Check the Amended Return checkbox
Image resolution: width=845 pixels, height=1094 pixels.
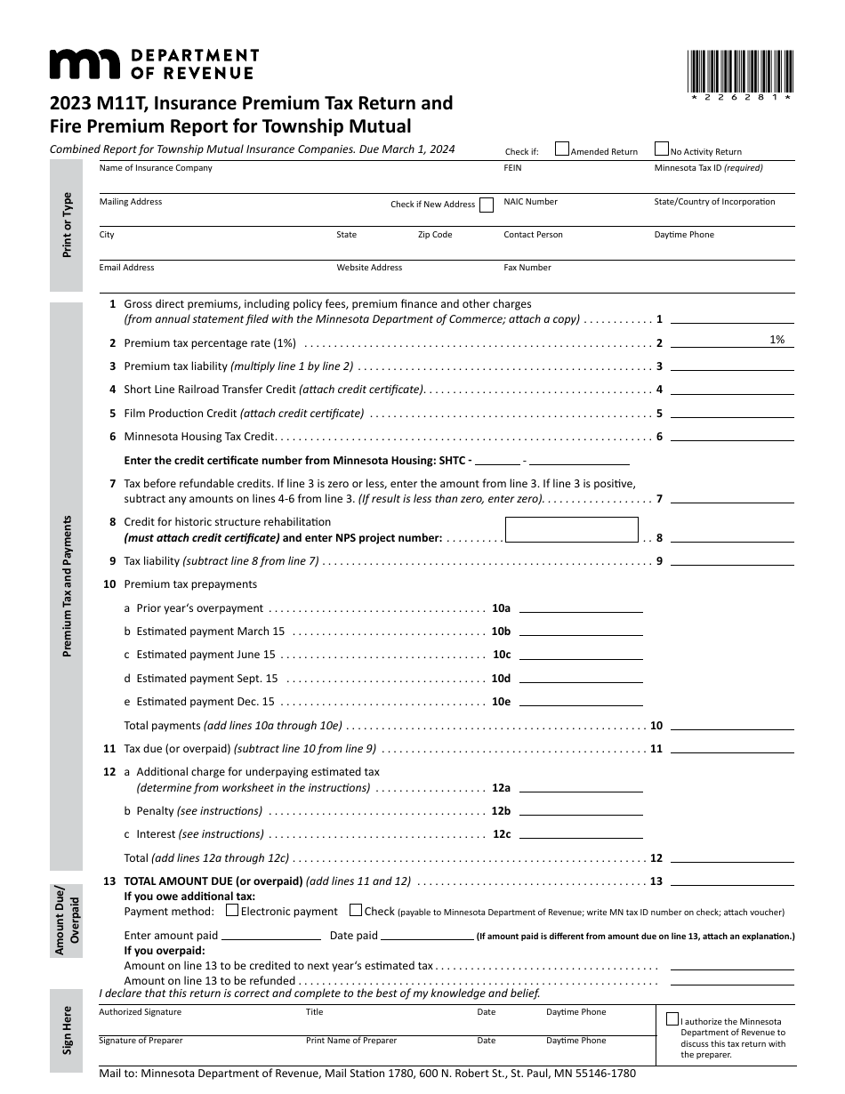click(562, 149)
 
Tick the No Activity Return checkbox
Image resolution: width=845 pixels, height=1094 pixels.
click(662, 149)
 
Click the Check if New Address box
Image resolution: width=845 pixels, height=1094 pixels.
click(487, 205)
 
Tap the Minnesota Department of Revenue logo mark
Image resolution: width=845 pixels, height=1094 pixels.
click(84, 64)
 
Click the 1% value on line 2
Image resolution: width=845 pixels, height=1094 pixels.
click(777, 340)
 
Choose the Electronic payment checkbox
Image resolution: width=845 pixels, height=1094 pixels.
click(232, 910)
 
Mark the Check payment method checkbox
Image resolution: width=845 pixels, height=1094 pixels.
click(356, 910)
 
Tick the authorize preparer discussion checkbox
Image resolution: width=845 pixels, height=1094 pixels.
click(672, 1020)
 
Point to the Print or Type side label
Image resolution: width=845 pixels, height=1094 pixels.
click(67, 225)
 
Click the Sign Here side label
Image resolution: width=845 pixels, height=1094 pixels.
click(67, 1029)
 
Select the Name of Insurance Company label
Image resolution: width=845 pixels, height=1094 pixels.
click(156, 168)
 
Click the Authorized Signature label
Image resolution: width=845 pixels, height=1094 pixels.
click(140, 1012)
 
